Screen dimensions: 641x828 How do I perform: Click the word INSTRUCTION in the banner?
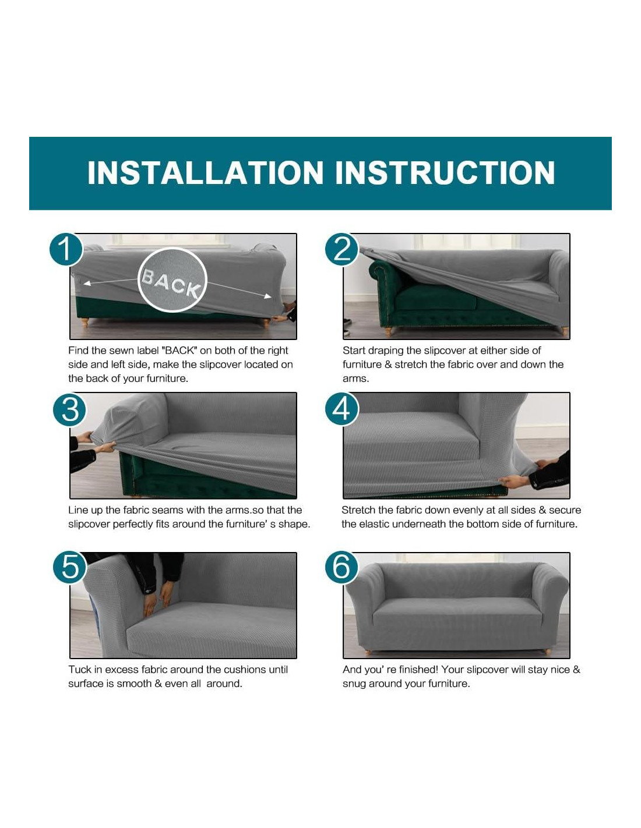(445, 173)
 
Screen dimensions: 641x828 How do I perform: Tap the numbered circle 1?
(66, 249)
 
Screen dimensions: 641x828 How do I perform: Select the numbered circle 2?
(341, 249)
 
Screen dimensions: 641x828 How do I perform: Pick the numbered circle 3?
(70, 410)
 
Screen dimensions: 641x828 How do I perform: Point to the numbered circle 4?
(341, 409)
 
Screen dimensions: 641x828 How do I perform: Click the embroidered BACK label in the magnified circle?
(171, 283)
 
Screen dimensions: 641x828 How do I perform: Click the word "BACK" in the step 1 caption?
(179, 350)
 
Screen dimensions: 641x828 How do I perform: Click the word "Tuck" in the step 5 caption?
(79, 670)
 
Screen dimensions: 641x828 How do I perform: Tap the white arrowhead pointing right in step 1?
(268, 296)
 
